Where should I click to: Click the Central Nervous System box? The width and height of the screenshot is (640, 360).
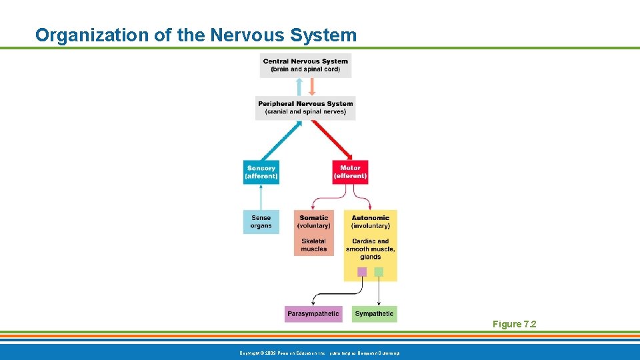coord(305,65)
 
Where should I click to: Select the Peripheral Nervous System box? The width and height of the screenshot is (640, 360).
coord(305,108)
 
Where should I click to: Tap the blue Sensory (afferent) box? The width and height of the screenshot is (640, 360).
coord(261,172)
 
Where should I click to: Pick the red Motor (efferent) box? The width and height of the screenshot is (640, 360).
coord(350,172)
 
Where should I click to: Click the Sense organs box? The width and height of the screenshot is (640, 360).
coord(261,222)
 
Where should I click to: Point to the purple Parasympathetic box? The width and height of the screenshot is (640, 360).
coord(313,313)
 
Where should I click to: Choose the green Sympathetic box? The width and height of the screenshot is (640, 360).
coord(374,313)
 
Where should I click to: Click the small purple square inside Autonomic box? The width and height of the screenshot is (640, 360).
coord(362,271)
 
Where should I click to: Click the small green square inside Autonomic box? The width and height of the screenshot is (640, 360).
coord(379,271)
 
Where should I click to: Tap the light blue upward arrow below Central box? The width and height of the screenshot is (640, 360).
coord(299,87)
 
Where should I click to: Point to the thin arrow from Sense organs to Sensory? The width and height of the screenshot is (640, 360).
coord(261,197)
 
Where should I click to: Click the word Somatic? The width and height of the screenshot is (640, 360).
coord(313,218)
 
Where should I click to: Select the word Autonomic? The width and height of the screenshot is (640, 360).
coord(370,218)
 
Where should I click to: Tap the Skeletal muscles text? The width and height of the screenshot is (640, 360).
coord(313,245)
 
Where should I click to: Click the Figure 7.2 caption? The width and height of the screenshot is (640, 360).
coord(514,324)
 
